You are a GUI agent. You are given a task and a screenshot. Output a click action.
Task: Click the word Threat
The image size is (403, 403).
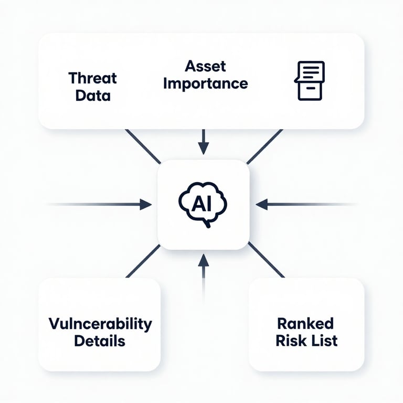[x=92, y=78]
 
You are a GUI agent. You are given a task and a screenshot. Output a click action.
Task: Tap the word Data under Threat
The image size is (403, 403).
[x=92, y=96]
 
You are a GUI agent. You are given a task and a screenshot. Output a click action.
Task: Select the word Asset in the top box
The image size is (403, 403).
[x=205, y=66]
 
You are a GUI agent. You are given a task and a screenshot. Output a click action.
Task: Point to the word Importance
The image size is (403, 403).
[x=205, y=83]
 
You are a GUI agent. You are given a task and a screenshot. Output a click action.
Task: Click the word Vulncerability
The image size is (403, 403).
[x=100, y=323]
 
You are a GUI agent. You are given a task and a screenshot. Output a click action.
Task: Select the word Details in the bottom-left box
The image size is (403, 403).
[x=100, y=341]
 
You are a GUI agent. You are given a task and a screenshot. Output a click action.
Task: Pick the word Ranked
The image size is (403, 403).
[x=305, y=322]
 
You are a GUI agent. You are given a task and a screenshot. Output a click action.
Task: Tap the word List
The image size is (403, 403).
[x=323, y=340]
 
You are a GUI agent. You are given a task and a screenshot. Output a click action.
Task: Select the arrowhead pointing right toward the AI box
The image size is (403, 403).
[x=145, y=204]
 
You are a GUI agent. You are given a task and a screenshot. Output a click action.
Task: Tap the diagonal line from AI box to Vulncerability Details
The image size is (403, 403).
[x=143, y=261]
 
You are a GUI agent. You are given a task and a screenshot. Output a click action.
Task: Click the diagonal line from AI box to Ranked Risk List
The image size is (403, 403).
[x=266, y=260]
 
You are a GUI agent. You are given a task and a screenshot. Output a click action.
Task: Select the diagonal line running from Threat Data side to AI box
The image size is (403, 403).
[x=143, y=145]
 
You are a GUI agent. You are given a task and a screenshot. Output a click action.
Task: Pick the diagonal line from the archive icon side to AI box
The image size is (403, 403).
[x=265, y=146]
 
